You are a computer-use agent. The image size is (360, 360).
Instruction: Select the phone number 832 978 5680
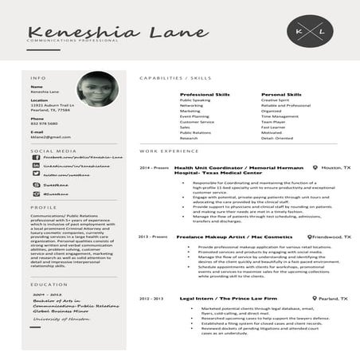pos(44,123)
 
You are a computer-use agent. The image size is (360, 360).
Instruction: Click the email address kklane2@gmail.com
pos(52,137)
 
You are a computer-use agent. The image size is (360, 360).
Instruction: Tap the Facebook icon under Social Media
pos(36,158)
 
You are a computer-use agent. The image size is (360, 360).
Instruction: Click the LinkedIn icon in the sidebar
pos(36,166)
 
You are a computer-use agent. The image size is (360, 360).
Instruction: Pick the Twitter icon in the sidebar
pos(36,174)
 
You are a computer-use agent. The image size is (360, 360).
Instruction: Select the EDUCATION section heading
pos(48,284)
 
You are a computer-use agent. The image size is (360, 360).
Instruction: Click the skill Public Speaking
pos(195,100)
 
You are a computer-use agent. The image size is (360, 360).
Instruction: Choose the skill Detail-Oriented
pos(276,138)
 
